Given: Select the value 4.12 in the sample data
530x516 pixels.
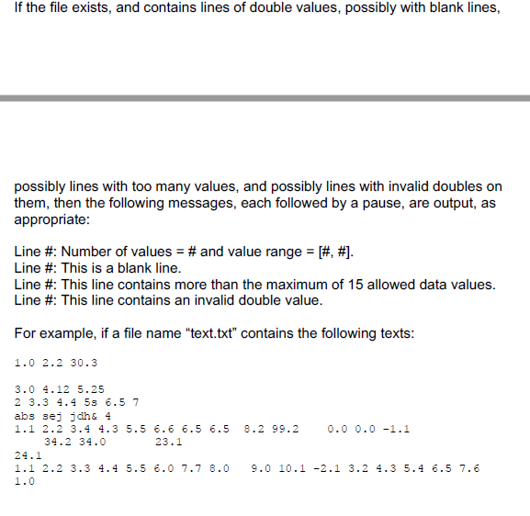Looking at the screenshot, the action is pos(61,388).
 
